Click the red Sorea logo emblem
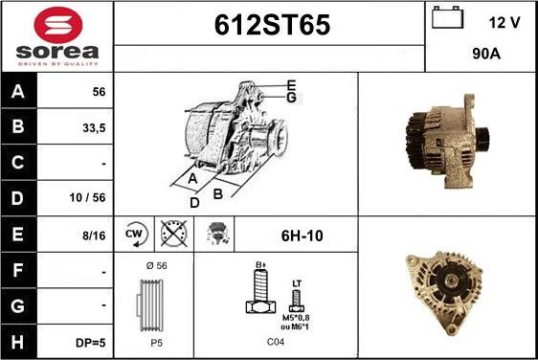pyautogui.click(x=58, y=25)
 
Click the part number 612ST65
pyautogui.click(x=272, y=25)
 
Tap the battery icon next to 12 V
pyautogui.click(x=447, y=17)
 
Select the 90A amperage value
pyautogui.click(x=486, y=54)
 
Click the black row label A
pyautogui.click(x=18, y=91)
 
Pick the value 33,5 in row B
pyautogui.click(x=94, y=128)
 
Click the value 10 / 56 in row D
pyautogui.click(x=87, y=197)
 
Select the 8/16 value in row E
pyautogui.click(x=94, y=236)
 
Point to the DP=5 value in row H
pyautogui.click(x=91, y=343)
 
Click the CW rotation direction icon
pyautogui.click(x=135, y=235)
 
